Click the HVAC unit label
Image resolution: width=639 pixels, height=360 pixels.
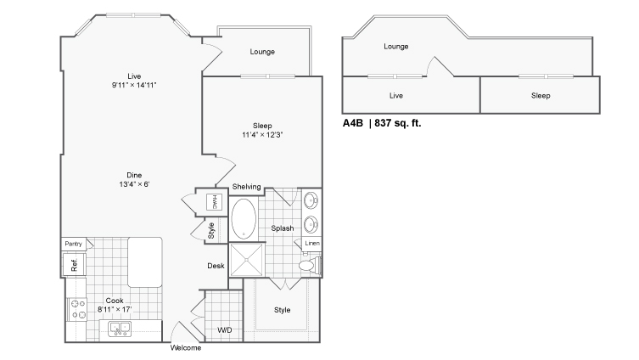(x=215, y=202)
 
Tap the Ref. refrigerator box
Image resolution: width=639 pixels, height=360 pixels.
(x=74, y=265)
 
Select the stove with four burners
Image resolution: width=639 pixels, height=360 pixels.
(x=77, y=309)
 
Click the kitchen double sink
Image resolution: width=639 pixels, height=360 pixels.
(x=120, y=329)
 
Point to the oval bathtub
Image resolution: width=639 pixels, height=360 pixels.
(x=244, y=219)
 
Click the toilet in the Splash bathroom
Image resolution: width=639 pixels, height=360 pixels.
(x=310, y=266)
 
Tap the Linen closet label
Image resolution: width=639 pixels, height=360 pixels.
(x=312, y=244)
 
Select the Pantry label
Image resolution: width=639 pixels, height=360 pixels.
(x=73, y=244)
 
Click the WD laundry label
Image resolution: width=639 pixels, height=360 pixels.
(x=225, y=329)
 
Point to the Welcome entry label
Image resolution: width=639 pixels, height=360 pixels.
(x=186, y=348)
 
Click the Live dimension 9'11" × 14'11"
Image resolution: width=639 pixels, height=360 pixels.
(x=134, y=85)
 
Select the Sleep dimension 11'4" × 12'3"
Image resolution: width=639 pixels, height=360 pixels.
(x=262, y=135)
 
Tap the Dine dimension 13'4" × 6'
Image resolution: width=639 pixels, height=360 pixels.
(x=134, y=184)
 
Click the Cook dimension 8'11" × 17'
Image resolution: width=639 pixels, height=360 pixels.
(x=115, y=309)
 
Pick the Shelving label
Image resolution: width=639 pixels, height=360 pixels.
(x=247, y=187)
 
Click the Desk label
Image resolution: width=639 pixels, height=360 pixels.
(x=216, y=266)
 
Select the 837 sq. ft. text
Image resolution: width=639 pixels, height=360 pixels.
(x=398, y=123)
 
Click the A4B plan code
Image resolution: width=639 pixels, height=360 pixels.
(x=352, y=123)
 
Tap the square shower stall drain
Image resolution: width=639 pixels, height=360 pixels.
(x=247, y=260)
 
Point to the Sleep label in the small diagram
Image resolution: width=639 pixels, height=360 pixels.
(x=541, y=95)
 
